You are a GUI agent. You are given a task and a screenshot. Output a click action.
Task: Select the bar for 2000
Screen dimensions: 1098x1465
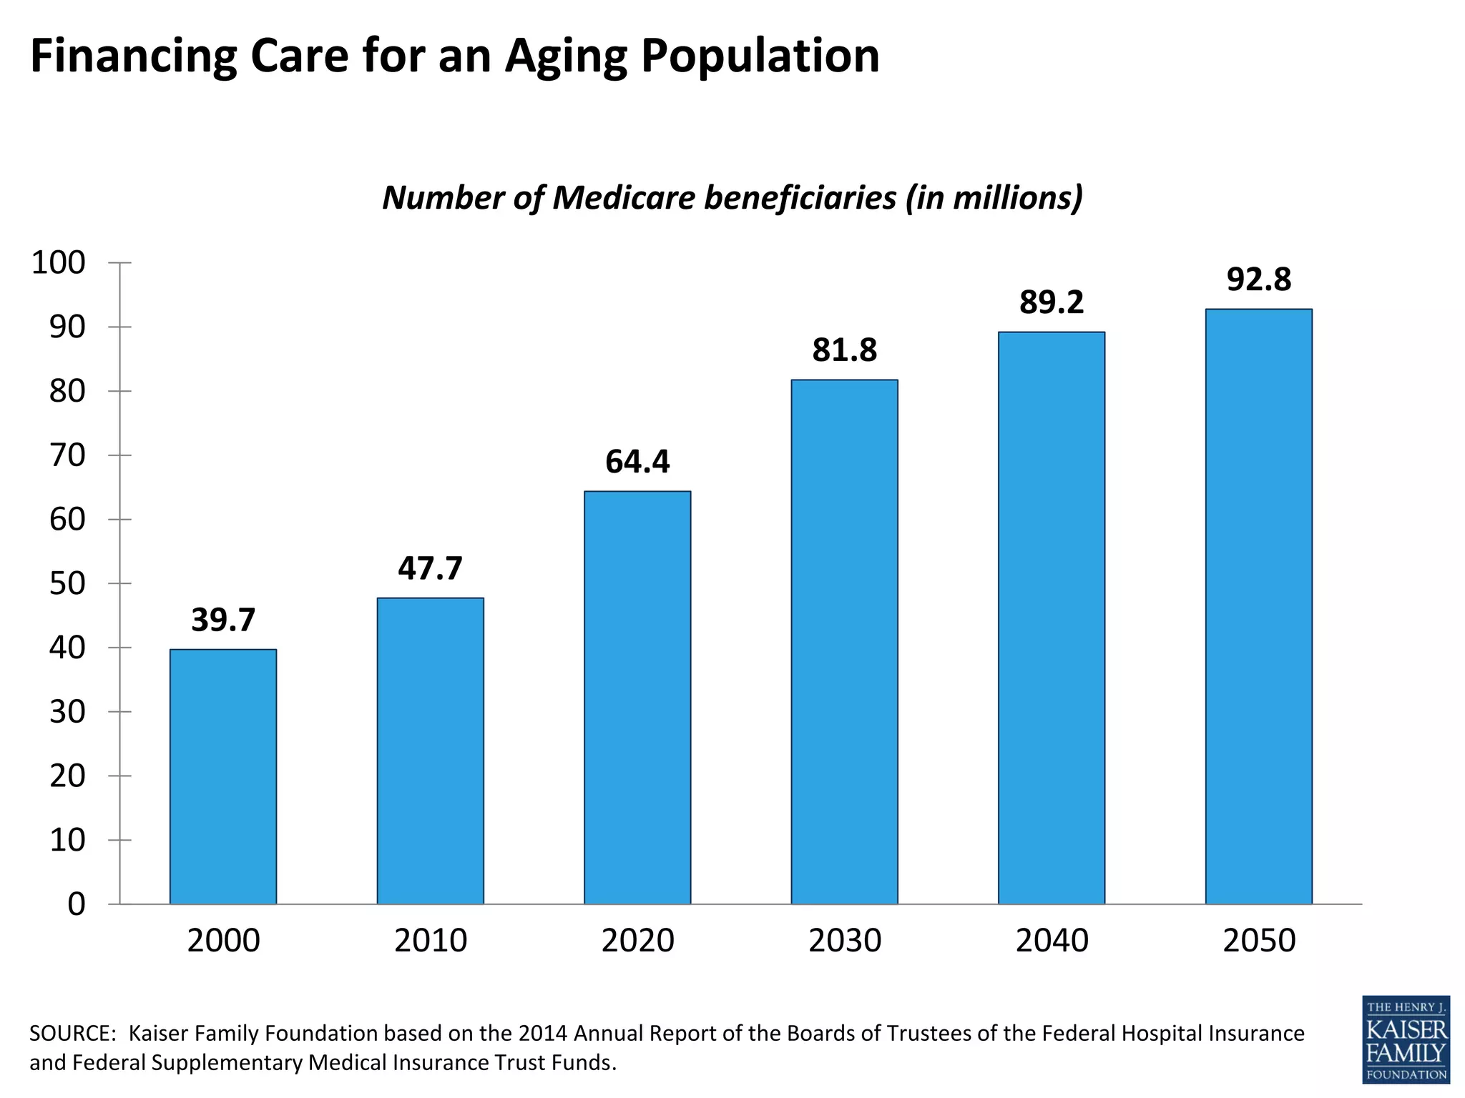click(223, 776)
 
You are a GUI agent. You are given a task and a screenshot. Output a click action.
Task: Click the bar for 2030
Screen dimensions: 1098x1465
click(844, 642)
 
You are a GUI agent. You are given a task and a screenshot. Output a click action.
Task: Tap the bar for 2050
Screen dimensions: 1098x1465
click(1258, 606)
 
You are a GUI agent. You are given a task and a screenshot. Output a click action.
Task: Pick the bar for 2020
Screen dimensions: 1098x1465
click(637, 698)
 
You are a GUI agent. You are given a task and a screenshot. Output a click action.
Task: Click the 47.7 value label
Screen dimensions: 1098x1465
click(430, 568)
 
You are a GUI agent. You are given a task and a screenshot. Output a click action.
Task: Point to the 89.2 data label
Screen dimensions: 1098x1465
click(1052, 302)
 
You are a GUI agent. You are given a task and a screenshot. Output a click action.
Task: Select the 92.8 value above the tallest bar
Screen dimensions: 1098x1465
click(1258, 280)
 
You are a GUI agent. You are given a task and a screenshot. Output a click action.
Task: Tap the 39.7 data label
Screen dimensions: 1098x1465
click(223, 620)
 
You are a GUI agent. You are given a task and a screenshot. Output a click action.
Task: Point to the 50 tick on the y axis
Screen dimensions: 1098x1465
click(67, 584)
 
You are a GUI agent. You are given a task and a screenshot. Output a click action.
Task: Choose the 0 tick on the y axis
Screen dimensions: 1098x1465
click(76, 905)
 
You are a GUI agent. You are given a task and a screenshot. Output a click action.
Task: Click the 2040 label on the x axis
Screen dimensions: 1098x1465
click(1052, 941)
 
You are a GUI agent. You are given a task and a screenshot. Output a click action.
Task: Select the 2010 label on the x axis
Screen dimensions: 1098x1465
click(430, 941)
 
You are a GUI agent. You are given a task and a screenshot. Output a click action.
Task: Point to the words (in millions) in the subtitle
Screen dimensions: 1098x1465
click(994, 198)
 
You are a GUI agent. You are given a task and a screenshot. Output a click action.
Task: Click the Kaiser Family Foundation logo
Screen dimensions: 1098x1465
click(1406, 1039)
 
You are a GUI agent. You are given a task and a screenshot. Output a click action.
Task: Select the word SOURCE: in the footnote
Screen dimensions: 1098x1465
click(72, 1034)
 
